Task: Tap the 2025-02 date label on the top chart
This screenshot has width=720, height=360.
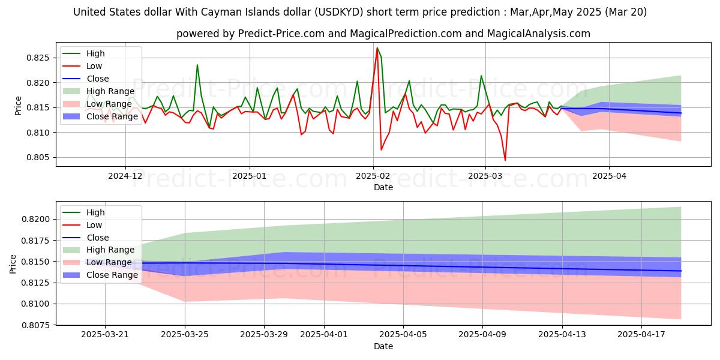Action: (x=373, y=176)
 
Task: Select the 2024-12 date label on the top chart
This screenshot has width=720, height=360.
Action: (x=125, y=176)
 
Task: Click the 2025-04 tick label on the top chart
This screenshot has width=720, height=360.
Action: (x=609, y=176)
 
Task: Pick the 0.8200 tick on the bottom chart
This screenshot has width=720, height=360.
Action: (x=37, y=219)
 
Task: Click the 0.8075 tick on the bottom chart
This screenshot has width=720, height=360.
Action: (x=37, y=325)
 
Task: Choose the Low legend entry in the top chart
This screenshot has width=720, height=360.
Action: (x=94, y=66)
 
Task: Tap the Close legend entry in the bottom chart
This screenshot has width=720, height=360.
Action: (x=98, y=238)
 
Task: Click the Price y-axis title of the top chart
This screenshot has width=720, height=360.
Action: (x=18, y=106)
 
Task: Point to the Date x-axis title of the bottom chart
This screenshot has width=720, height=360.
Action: (x=383, y=346)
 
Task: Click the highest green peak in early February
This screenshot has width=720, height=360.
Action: (x=377, y=48)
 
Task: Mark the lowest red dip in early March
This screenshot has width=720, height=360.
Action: (x=505, y=160)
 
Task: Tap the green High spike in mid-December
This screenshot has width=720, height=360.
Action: (x=197, y=65)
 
